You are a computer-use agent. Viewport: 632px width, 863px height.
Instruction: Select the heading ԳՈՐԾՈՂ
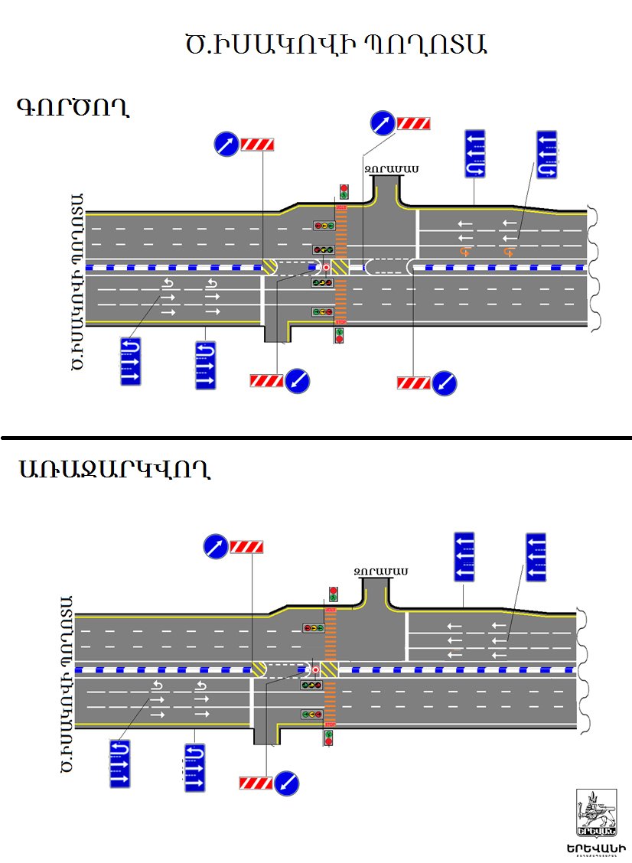tap(73, 107)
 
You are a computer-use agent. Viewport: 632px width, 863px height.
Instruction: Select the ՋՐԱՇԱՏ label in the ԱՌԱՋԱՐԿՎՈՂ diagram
tap(380, 571)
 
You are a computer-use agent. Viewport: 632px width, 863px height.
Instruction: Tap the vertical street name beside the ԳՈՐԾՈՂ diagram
tap(76, 281)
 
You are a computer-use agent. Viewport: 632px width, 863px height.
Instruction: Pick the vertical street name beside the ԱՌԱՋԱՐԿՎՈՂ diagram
tap(67, 683)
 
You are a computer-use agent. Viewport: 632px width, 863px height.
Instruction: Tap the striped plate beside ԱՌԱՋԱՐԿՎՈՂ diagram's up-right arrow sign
tap(247, 547)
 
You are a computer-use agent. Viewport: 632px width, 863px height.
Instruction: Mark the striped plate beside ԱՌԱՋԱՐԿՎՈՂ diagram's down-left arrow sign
tap(256, 782)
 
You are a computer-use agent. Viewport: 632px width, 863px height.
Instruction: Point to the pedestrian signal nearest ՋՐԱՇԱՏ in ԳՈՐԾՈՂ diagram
tap(344, 191)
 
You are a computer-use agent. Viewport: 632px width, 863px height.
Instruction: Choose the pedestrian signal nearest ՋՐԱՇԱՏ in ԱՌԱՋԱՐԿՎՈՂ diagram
tap(333, 594)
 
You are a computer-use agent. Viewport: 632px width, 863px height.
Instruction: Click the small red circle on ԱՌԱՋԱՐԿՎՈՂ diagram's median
tap(315, 669)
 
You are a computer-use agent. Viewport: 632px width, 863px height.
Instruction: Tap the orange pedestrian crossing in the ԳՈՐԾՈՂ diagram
tap(341, 268)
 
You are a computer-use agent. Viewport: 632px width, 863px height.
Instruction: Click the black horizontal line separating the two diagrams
tap(316, 438)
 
